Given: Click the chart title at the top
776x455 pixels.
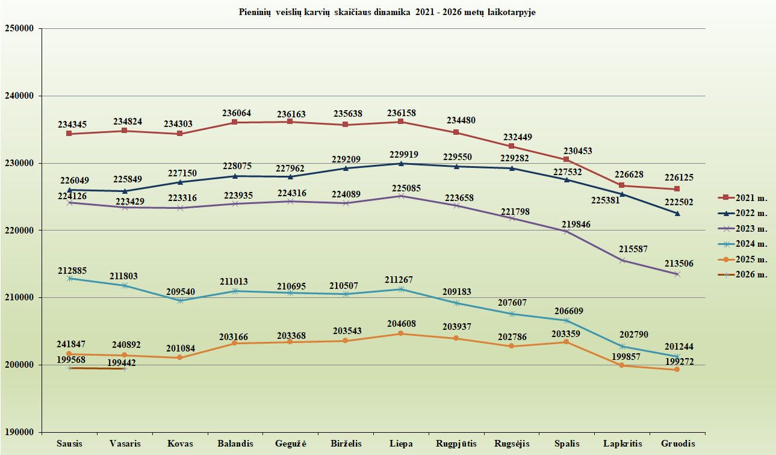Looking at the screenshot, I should [387, 13].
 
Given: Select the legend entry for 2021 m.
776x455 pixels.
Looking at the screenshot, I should [743, 197].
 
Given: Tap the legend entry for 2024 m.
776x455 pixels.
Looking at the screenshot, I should [743, 244].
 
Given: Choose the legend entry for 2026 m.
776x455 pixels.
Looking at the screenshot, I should [743, 275].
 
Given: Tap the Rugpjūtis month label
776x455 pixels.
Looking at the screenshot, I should [456, 444].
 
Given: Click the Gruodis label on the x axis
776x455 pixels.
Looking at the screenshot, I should [677, 444].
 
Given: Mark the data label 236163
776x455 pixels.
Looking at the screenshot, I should [290, 113].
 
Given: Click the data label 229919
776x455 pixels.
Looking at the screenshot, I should [401, 155].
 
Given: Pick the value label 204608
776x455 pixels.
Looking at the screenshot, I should [401, 324].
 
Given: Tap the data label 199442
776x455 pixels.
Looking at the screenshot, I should [122, 362].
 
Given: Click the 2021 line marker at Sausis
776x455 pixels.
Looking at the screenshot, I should [69, 134].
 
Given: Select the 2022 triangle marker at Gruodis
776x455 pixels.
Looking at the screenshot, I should [677, 213].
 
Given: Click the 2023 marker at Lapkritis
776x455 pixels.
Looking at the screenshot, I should [622, 260].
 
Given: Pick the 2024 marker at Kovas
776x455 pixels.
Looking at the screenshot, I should [179, 300].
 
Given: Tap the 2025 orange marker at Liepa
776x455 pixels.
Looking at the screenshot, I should [401, 333].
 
